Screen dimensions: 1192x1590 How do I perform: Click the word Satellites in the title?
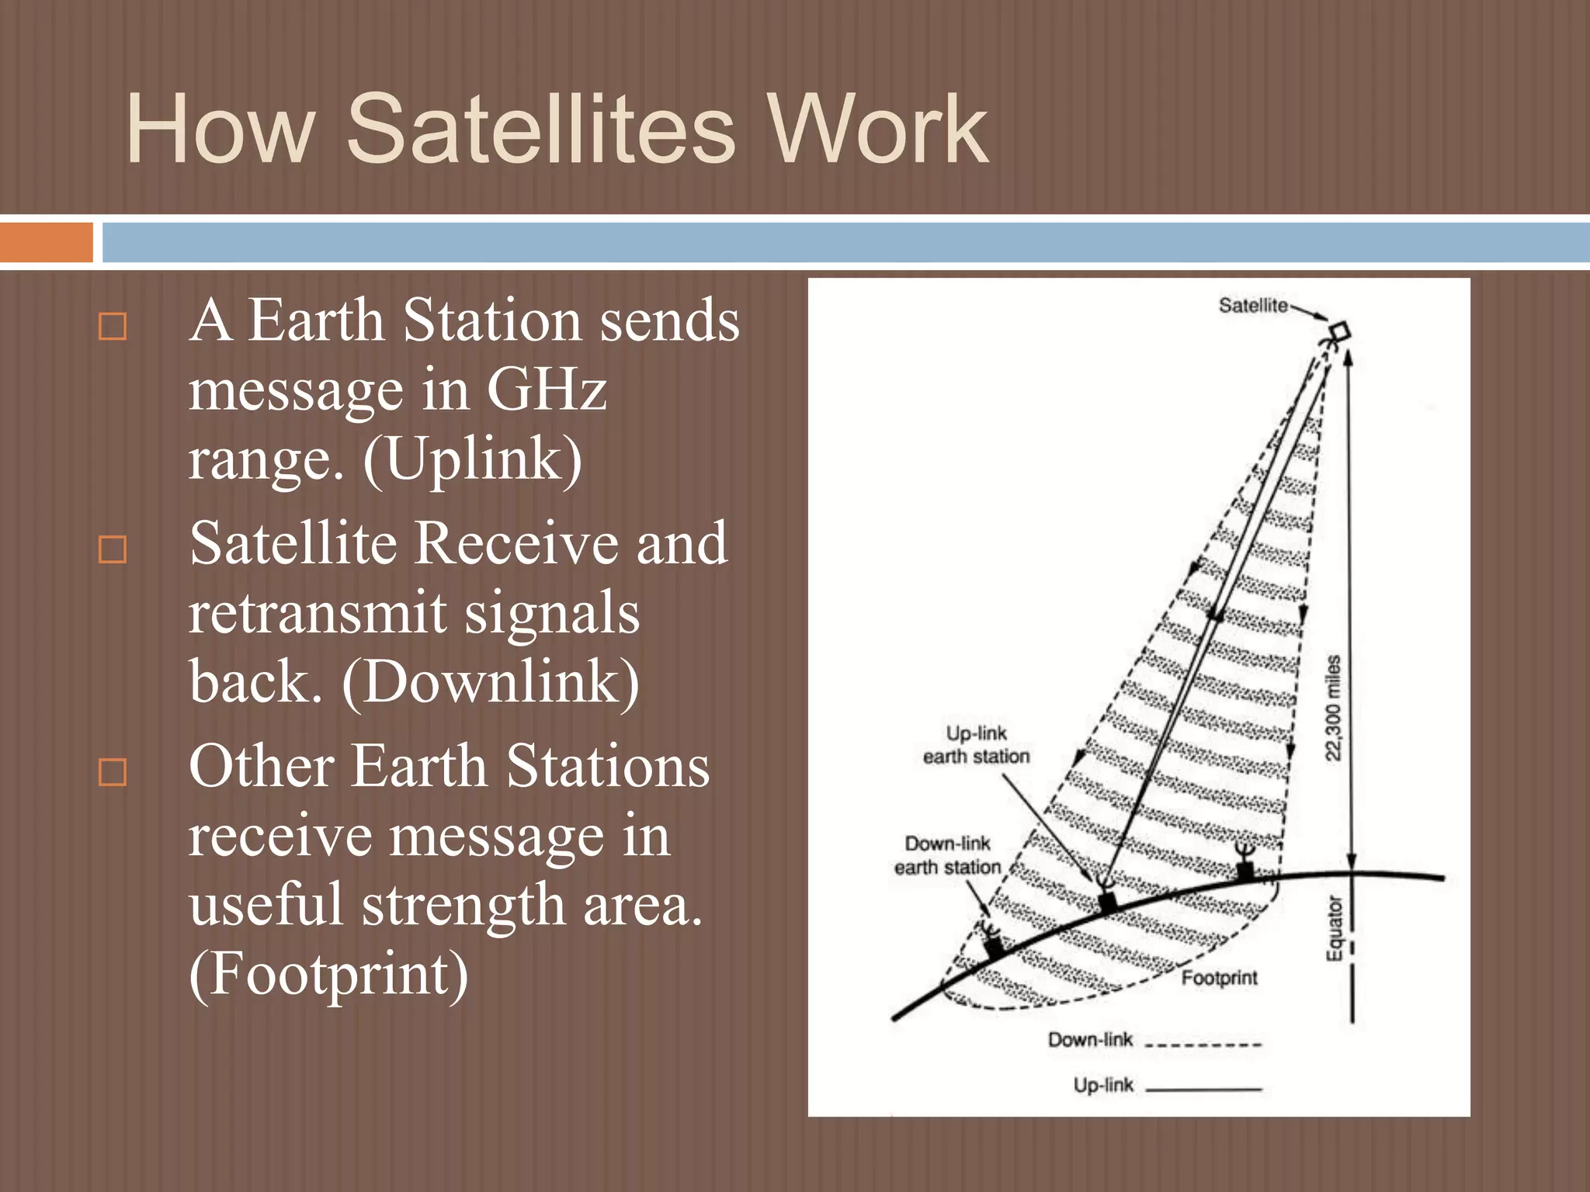point(540,130)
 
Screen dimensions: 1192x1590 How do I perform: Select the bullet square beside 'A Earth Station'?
point(113,327)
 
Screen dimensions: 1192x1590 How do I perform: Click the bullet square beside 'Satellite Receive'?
point(113,549)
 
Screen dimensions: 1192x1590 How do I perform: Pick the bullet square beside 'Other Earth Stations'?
point(113,772)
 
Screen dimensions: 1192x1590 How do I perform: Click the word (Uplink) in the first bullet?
point(472,459)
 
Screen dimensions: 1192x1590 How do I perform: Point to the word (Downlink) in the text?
point(491,681)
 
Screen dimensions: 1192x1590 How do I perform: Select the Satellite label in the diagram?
point(1252,306)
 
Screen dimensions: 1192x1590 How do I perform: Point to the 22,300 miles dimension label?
point(1332,708)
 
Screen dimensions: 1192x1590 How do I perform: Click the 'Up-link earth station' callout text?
point(976,744)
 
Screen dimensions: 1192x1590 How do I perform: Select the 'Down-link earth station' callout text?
point(947,855)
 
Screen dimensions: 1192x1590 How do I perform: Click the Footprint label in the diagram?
point(1218,977)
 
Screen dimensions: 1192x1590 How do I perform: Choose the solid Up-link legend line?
point(1203,1090)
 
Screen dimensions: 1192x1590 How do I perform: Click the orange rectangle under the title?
point(46,242)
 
